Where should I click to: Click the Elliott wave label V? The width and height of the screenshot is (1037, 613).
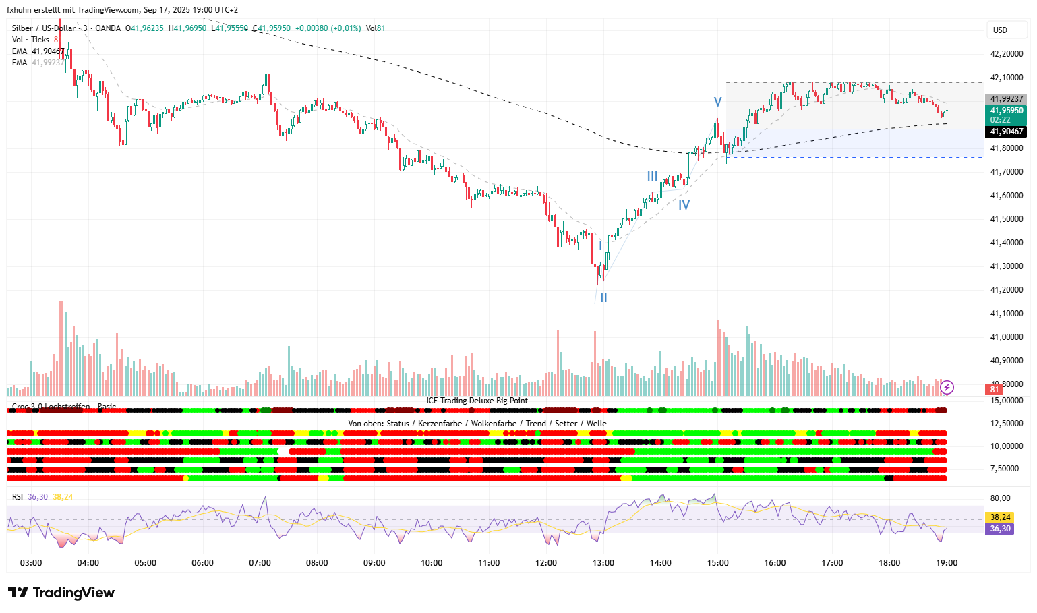click(718, 102)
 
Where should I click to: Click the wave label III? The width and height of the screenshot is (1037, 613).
click(652, 176)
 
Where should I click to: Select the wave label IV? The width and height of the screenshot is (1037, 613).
click(684, 205)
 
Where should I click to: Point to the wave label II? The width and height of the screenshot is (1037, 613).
click(603, 297)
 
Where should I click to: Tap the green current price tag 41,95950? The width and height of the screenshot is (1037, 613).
click(1006, 115)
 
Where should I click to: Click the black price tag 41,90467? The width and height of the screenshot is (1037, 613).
click(1006, 132)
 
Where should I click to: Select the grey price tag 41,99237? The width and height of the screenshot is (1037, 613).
click(1006, 99)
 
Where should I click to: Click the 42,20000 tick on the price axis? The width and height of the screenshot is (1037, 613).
click(1006, 54)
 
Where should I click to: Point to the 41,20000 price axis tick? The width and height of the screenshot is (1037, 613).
click(1006, 290)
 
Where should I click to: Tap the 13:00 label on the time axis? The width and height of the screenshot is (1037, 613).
click(603, 563)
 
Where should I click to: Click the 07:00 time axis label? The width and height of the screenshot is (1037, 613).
click(260, 563)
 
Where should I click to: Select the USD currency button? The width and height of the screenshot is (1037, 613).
click(1000, 30)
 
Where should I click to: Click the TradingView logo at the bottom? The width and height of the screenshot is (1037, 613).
click(61, 593)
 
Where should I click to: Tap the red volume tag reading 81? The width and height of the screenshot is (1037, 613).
click(994, 389)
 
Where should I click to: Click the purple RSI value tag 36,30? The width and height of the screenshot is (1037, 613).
click(1000, 529)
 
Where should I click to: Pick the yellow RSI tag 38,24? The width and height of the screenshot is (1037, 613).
click(1000, 517)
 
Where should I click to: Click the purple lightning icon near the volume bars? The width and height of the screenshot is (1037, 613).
click(947, 387)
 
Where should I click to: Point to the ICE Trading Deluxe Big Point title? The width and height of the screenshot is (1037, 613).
click(477, 401)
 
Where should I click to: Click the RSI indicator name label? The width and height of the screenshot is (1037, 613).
click(17, 497)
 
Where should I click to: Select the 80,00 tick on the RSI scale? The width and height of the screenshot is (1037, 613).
click(1000, 498)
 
